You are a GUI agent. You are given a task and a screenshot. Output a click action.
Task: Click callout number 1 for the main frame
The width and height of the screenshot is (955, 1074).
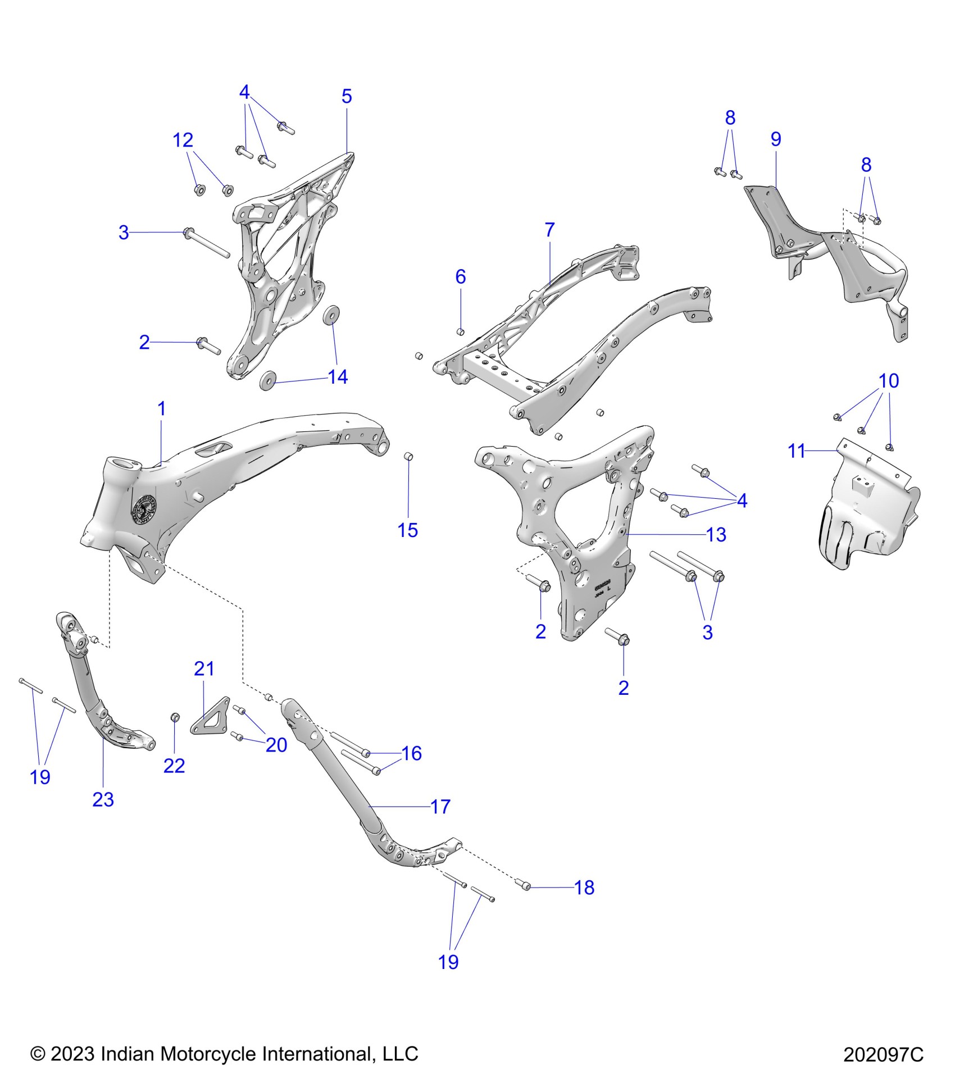(162, 409)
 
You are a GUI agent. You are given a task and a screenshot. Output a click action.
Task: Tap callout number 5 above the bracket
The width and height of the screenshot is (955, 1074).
(347, 97)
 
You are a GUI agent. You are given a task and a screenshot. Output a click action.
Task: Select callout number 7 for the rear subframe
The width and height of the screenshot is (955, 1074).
(549, 230)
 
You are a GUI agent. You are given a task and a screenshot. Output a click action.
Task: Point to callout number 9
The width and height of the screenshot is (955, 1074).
(776, 139)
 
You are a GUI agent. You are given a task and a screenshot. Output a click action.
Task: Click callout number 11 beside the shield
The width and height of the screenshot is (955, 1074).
(797, 450)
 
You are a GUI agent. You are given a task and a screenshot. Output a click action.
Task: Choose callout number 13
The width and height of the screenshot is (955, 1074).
(716, 535)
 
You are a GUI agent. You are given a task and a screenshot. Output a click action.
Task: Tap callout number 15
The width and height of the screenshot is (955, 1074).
(408, 530)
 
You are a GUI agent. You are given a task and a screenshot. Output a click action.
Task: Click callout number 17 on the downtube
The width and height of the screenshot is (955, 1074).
(440, 807)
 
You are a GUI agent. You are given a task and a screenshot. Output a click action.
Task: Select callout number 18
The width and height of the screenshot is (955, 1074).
(584, 888)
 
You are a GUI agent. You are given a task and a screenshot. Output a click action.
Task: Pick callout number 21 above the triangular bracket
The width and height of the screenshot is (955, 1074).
(204, 668)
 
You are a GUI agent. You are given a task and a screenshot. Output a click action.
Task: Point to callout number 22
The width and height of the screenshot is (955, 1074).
(174, 766)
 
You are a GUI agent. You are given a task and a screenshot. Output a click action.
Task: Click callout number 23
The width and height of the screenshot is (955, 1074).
(103, 799)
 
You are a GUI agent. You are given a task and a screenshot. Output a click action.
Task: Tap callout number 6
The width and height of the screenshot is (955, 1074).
(461, 276)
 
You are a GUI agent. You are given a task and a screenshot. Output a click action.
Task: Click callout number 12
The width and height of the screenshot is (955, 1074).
(183, 140)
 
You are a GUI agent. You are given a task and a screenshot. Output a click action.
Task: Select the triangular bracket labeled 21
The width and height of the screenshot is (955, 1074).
(211, 717)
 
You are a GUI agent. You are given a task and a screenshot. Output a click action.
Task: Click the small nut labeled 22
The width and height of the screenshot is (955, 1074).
(175, 717)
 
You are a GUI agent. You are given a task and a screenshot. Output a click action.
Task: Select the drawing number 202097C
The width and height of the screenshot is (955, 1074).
(883, 1054)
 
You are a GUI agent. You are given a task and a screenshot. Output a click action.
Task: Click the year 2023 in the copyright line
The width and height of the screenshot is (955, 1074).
(72, 1054)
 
